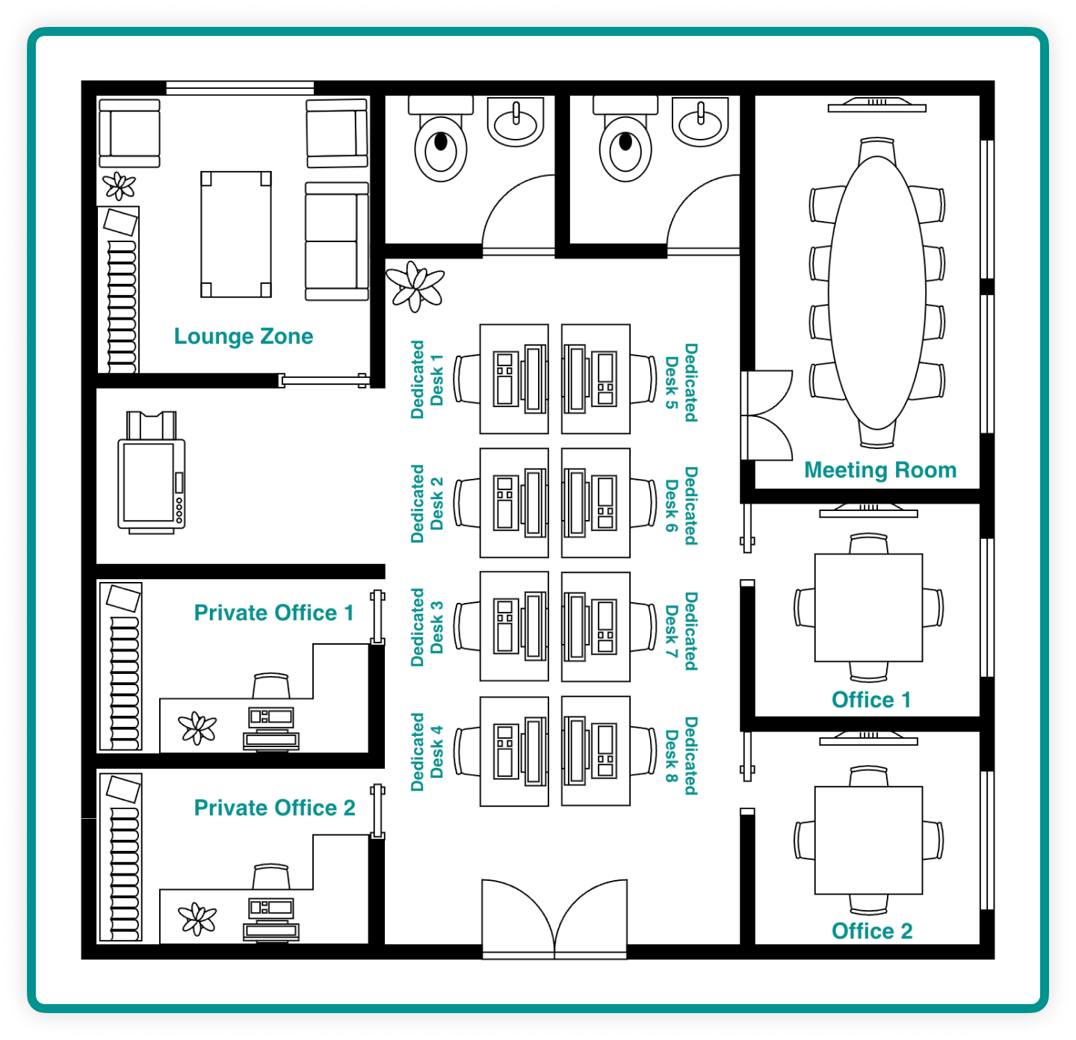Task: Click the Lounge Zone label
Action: click(x=244, y=336)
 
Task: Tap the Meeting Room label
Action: click(x=880, y=470)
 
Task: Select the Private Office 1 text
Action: click(x=273, y=613)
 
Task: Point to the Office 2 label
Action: click(x=872, y=931)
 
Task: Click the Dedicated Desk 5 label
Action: click(x=681, y=383)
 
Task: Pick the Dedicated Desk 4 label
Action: click(x=427, y=752)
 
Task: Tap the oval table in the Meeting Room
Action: click(x=877, y=292)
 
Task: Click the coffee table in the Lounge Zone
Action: click(x=236, y=235)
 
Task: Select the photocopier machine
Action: click(x=151, y=473)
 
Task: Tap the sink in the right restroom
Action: click(x=700, y=121)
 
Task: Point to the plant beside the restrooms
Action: click(x=415, y=286)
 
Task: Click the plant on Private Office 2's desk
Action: click(x=197, y=919)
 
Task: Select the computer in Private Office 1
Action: click(x=271, y=728)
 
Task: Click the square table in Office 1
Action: click(x=868, y=607)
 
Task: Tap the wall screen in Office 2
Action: click(x=868, y=738)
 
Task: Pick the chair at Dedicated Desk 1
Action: click(x=467, y=379)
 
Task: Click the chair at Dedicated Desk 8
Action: click(x=643, y=751)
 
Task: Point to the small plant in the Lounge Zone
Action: click(x=120, y=186)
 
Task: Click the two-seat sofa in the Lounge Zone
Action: click(x=337, y=241)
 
